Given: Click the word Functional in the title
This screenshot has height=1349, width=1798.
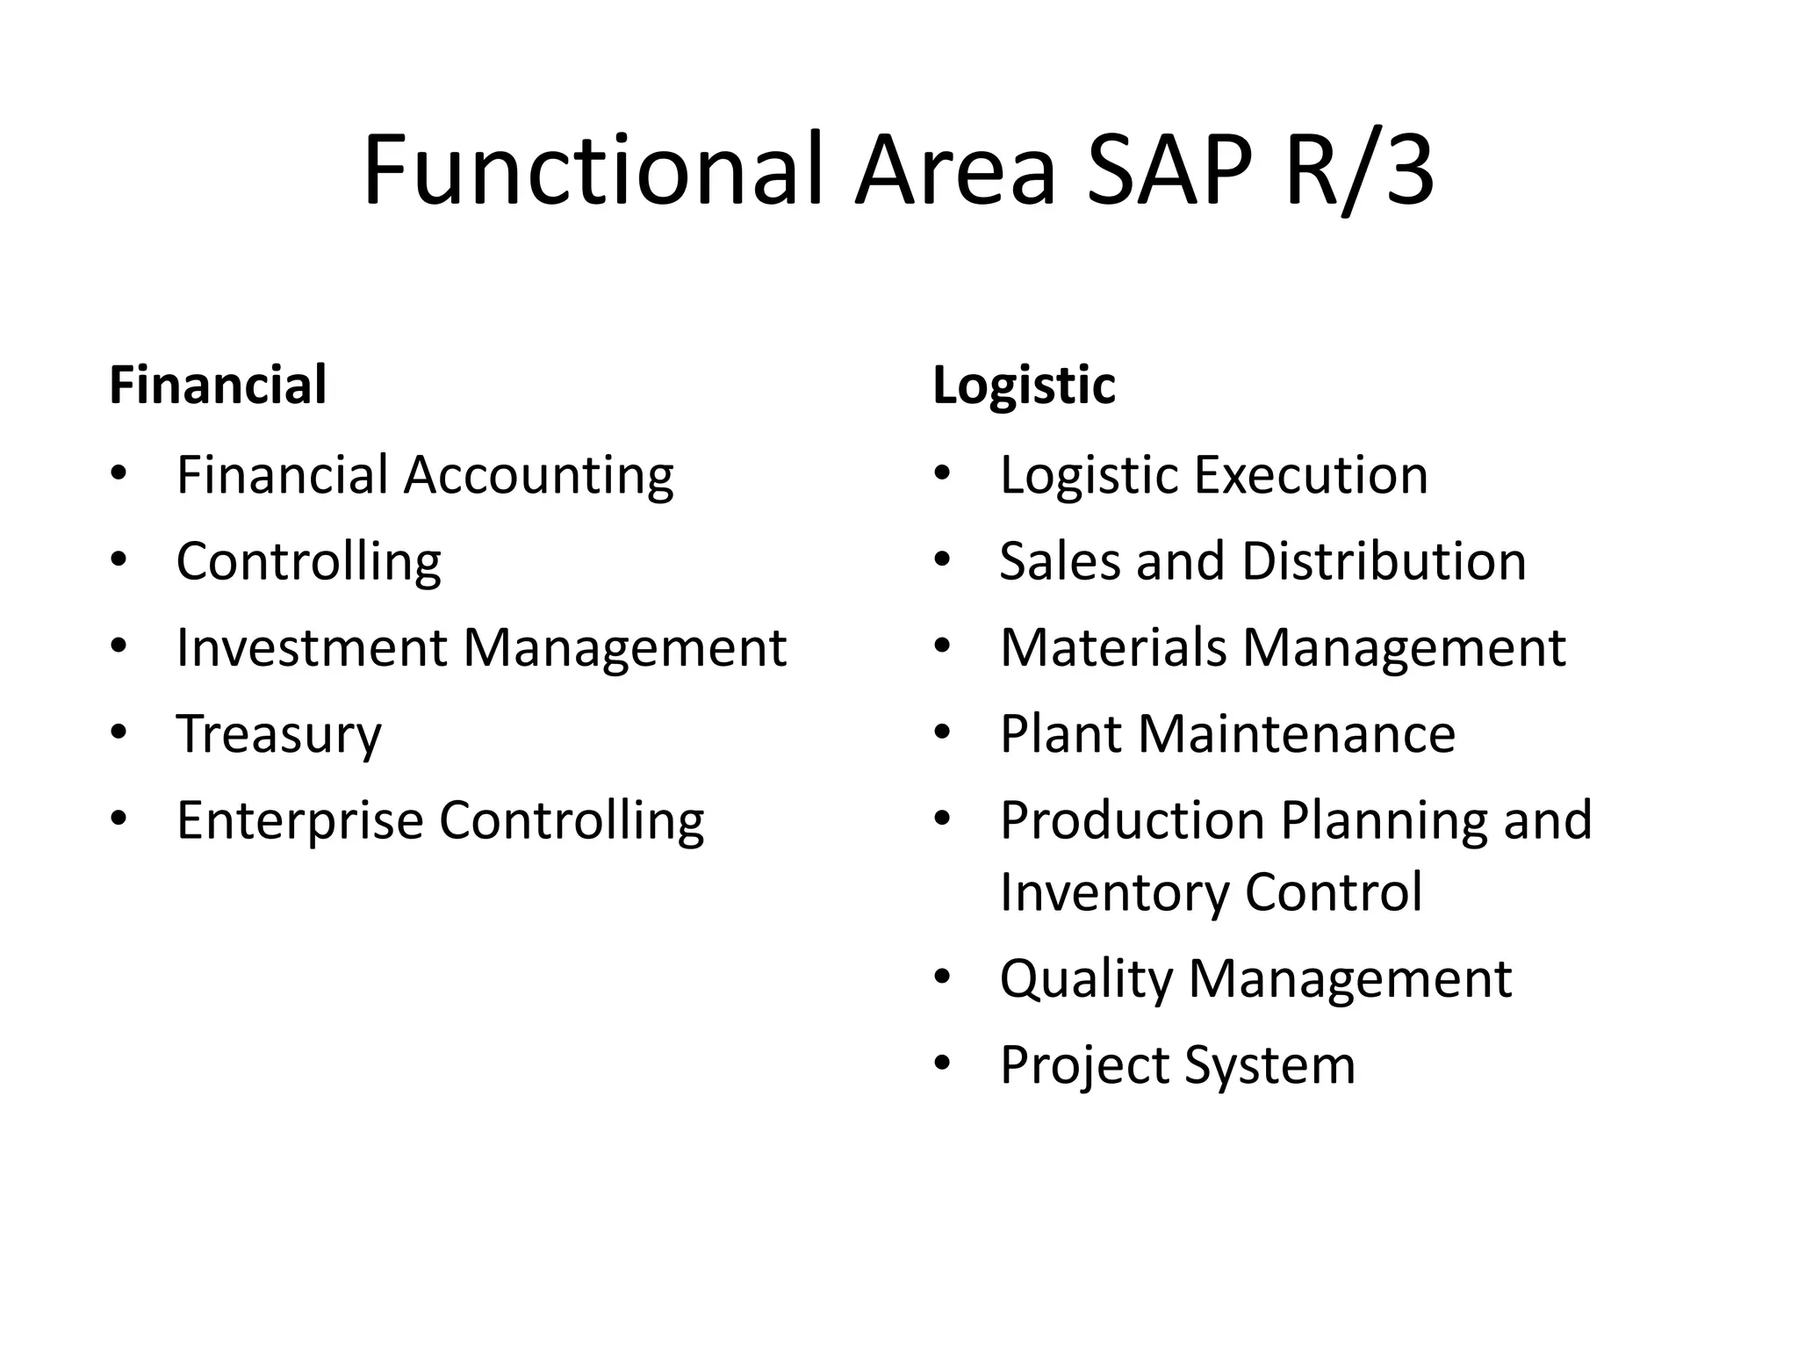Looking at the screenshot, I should pos(593,169).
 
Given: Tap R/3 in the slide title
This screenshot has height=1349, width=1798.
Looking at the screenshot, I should pos(1358,169).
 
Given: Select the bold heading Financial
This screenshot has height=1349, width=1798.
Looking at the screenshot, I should pos(218,385).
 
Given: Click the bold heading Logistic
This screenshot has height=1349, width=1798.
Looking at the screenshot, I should pos(1024,385).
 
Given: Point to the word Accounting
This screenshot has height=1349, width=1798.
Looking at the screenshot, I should pos(538,475).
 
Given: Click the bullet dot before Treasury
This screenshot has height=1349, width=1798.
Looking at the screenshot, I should pos(119,732).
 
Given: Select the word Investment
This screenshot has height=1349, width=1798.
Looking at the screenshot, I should pos(312,647).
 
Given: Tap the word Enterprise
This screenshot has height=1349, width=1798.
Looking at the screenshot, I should pos(300,820).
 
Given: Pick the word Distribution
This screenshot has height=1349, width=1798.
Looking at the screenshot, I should pos(1384,561).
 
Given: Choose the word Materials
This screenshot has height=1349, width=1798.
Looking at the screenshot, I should pos(1113,647).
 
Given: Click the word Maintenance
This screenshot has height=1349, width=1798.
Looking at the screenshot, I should pos(1297,733).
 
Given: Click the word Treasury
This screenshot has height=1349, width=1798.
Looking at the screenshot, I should pos(279,734).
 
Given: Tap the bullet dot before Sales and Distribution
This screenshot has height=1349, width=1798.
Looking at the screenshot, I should pos(943,559).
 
